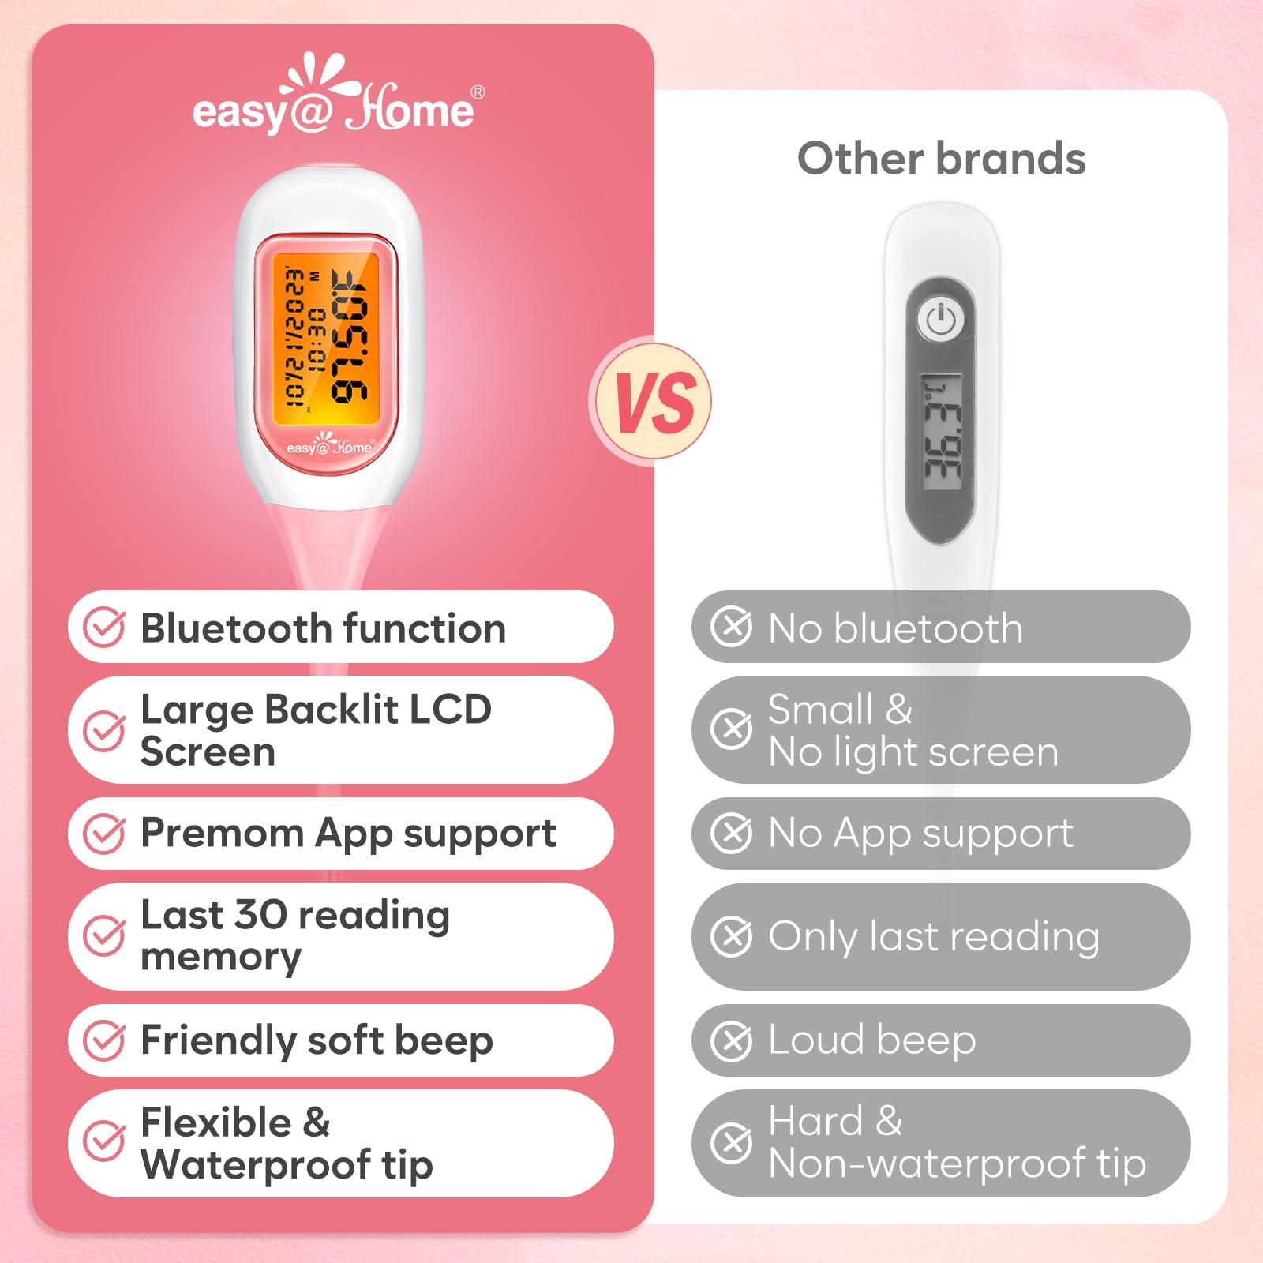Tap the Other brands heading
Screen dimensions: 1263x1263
point(941,159)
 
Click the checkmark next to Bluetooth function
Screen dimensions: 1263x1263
point(104,628)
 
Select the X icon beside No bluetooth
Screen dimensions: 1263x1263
point(731,628)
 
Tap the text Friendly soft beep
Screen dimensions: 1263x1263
point(317,1040)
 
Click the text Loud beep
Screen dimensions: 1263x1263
point(872,1040)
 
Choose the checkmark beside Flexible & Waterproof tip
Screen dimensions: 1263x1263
point(104,1142)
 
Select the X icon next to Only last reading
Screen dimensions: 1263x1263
point(731,937)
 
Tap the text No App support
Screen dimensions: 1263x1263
point(920,833)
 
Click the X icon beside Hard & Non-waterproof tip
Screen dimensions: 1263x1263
point(731,1142)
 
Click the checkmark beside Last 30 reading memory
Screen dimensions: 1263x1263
point(104,936)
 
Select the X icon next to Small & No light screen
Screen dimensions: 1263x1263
point(731,729)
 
